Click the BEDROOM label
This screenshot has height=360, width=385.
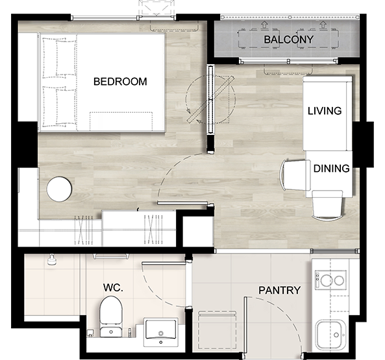pyautogui.click(x=120, y=82)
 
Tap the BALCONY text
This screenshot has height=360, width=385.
pyautogui.click(x=289, y=40)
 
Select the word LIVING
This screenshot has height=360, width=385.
pyautogui.click(x=325, y=111)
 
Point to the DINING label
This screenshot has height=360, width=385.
pyautogui.click(x=332, y=169)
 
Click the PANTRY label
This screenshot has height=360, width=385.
pyautogui.click(x=280, y=291)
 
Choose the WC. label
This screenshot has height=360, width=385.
pyautogui.click(x=113, y=287)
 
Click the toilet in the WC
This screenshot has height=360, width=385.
pyautogui.click(x=111, y=317)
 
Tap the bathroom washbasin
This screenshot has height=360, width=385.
pyautogui.click(x=161, y=332)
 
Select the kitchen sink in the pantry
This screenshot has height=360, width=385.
pyautogui.click(x=330, y=335)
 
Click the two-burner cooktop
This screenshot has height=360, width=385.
pyautogui.click(x=330, y=280)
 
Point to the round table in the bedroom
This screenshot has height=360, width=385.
pyautogui.click(x=59, y=189)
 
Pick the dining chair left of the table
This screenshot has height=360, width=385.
pyautogui.click(x=295, y=175)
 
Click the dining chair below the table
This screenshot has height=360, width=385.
pyautogui.click(x=327, y=206)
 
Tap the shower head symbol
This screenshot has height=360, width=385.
pyautogui.click(x=52, y=260)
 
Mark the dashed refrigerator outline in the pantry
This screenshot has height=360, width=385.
pyautogui.click(x=217, y=330)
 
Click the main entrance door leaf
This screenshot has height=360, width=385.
pyautogui.click(x=245, y=326)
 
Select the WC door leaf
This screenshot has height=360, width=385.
pyautogui.click(x=164, y=263)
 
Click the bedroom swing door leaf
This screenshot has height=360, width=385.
pyautogui.click(x=182, y=203)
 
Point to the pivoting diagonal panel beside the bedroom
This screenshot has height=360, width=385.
pyautogui.click(x=210, y=99)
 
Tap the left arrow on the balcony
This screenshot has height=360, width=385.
pyautogui.click(x=264, y=25)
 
